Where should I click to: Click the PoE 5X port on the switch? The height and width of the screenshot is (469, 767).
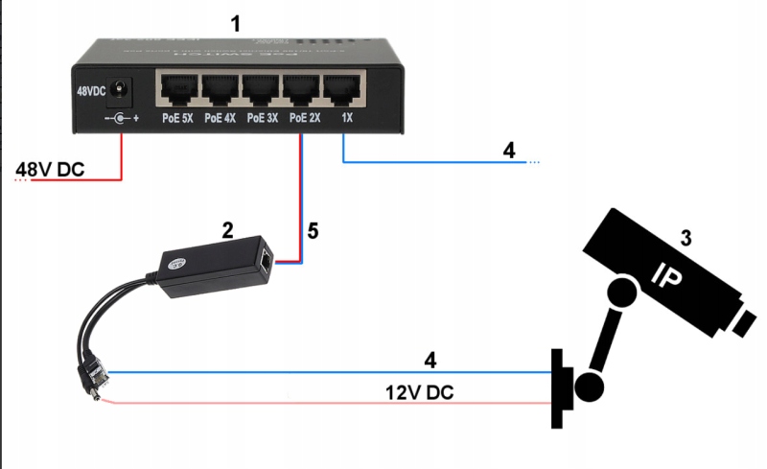[177, 90]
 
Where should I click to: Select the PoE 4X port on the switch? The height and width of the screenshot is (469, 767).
[220, 90]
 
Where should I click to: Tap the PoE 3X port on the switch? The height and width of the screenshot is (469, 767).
[261, 90]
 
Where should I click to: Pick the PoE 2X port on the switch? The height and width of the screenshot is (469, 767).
[302, 90]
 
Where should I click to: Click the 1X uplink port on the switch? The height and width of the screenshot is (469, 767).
[342, 90]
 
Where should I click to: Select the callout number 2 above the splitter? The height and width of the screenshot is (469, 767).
[227, 229]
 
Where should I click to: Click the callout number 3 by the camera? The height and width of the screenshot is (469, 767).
[686, 236]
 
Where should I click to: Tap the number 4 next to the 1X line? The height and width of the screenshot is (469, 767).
[509, 150]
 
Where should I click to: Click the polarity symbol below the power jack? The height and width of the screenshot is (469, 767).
[121, 119]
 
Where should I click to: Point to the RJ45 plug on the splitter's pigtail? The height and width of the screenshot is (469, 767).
[94, 370]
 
